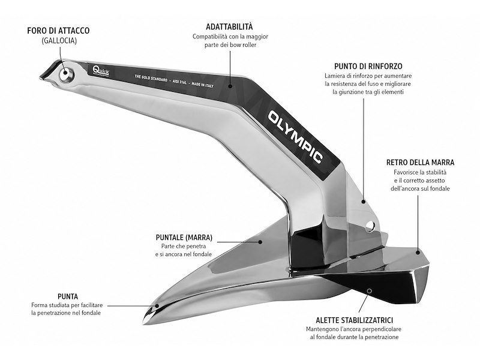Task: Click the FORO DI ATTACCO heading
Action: coord(58,31)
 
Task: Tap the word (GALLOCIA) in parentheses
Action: coord(59,40)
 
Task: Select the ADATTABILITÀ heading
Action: coord(229,26)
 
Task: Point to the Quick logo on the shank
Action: coord(100,70)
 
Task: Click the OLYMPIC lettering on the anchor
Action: coord(295,137)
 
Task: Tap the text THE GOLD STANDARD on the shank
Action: coord(151,78)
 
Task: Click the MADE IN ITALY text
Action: coord(202,85)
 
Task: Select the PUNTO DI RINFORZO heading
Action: coord(368,66)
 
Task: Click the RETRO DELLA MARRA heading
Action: coord(420,162)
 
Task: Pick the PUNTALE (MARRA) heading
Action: coord(184,237)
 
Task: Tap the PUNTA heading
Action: coord(68,296)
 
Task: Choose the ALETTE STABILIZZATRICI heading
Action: coord(354,320)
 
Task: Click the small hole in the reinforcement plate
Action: coord(370,226)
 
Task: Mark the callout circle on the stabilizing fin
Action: coord(370,291)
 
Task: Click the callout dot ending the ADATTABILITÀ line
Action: coord(230,86)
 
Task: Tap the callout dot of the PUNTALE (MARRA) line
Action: coord(260,242)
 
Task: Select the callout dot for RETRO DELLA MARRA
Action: coord(418,252)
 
